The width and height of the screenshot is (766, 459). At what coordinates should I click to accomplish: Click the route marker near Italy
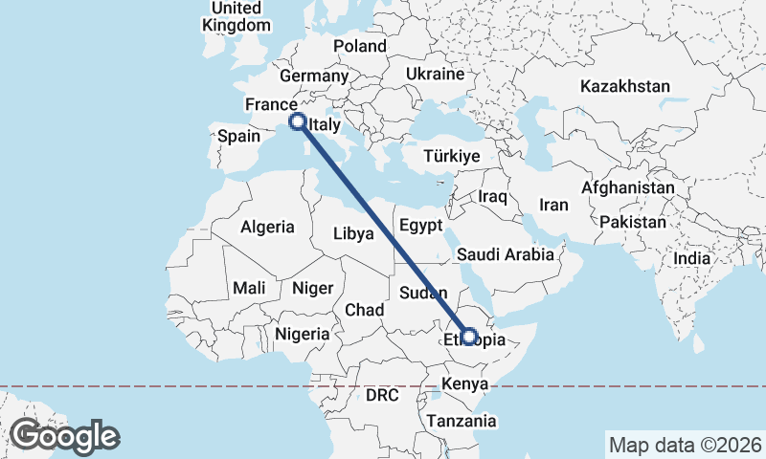coord(298,121)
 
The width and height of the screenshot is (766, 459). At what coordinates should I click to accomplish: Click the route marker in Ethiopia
coord(469,336)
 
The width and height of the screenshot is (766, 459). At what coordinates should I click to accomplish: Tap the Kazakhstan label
coord(625,86)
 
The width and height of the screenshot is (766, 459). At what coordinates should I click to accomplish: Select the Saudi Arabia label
coord(506,254)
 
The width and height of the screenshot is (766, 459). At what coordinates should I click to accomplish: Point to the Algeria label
coord(267,228)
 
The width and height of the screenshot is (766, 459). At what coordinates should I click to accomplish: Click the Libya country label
coord(352,232)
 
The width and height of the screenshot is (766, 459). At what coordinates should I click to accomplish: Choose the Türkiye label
coord(453,156)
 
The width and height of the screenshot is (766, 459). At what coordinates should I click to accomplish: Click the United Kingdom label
coord(236,16)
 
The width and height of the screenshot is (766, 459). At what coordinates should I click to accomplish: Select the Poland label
coord(360,46)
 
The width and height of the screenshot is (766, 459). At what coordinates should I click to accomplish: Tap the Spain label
coord(238,136)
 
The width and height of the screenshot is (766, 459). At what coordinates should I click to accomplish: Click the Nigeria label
coord(303,335)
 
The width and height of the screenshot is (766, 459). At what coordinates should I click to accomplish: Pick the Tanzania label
coord(462,421)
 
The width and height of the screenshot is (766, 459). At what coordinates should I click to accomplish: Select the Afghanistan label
coord(628,188)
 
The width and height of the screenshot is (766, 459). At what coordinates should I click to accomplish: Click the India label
coord(691,258)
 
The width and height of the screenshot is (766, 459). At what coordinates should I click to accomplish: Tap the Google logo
coord(64,436)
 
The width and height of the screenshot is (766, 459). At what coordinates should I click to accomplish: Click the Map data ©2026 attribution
coord(685,445)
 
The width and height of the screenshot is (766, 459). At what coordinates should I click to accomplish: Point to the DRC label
coord(381,395)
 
